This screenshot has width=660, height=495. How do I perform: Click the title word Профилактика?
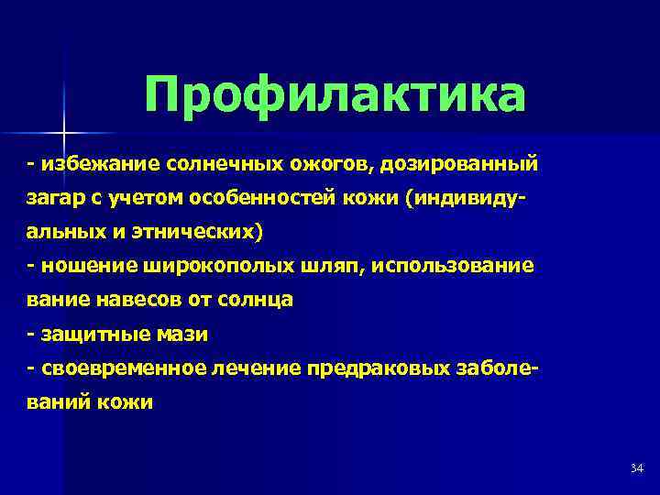pyautogui.click(x=335, y=95)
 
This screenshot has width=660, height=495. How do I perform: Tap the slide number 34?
pyautogui.click(x=637, y=469)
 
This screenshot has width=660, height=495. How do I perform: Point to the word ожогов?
pyautogui.click(x=319, y=164)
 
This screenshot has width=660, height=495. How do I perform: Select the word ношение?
pyautogui.click(x=86, y=266)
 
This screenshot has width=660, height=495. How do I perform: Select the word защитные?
pyautogui.click(x=95, y=334)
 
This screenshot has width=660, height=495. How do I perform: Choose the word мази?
pyautogui.click(x=183, y=334)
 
